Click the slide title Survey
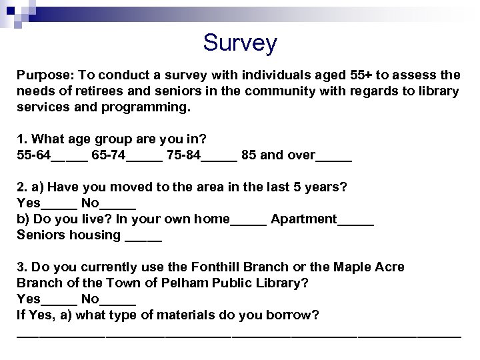click(x=240, y=43)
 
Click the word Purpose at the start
click(x=41, y=76)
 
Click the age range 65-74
click(x=107, y=156)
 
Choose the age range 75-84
click(x=182, y=156)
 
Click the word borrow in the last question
click(x=290, y=314)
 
